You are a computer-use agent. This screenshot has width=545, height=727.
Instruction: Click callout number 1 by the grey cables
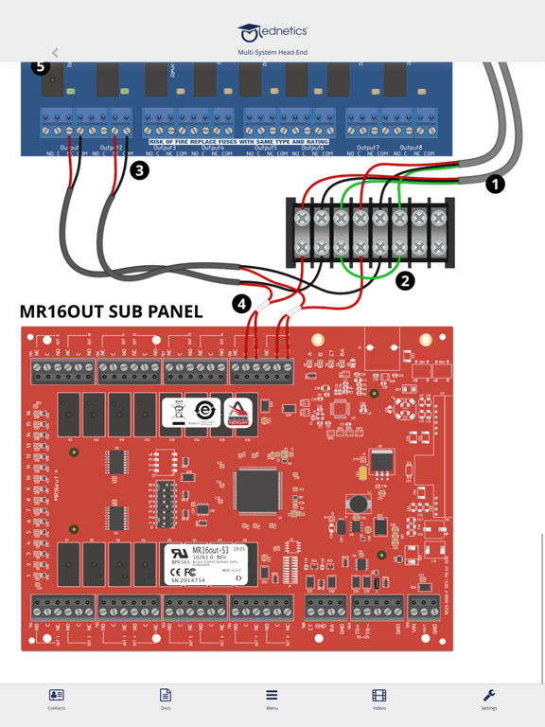(x=495, y=184)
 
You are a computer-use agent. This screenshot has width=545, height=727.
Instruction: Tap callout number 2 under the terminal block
(x=405, y=280)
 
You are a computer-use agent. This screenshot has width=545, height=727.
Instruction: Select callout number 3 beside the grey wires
(x=140, y=170)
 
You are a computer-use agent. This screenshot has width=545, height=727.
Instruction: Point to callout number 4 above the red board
(x=241, y=304)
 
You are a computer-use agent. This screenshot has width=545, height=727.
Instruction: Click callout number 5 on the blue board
(x=40, y=67)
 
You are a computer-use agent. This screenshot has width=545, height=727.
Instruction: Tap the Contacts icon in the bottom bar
(x=56, y=699)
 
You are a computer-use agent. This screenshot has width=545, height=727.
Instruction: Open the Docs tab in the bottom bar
(x=166, y=699)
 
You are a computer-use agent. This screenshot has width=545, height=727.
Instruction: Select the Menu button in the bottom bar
(x=272, y=699)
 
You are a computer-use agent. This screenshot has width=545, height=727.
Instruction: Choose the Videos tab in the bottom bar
(x=379, y=699)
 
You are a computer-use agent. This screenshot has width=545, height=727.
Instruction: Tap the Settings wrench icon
(x=489, y=699)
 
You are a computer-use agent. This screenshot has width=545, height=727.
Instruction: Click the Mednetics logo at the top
(x=272, y=33)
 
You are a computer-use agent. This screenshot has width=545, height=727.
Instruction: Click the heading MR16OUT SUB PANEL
(x=111, y=311)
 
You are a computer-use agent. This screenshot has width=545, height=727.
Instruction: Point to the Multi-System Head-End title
(x=272, y=53)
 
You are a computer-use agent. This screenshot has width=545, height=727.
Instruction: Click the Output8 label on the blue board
(x=411, y=148)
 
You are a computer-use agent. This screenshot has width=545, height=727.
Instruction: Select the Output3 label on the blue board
(x=165, y=148)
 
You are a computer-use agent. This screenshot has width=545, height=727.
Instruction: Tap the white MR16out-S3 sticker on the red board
(x=204, y=564)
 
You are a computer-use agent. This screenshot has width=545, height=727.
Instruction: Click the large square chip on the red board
(x=257, y=491)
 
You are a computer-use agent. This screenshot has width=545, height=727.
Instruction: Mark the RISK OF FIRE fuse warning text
(x=238, y=141)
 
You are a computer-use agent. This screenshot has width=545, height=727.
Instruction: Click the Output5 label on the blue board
(x=265, y=148)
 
